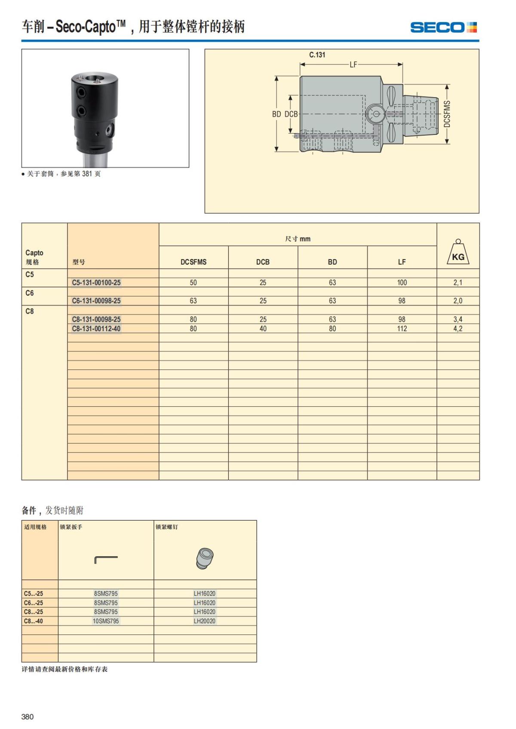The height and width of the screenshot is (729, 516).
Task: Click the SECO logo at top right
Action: coord(443,27)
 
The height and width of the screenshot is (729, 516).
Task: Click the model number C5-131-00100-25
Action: coord(96,283)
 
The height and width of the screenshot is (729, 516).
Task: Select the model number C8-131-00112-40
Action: coord(96,329)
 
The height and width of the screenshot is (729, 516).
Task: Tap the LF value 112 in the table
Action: coord(402,329)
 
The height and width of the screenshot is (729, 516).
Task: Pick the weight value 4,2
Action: coord(458,329)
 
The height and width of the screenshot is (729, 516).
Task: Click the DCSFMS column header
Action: coord(193,262)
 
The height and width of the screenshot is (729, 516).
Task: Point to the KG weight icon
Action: coord(458,253)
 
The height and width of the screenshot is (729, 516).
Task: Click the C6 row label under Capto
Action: coord(30,293)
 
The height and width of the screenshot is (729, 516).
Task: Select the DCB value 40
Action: coord(263,329)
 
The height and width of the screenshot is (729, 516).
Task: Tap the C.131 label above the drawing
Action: coord(317,55)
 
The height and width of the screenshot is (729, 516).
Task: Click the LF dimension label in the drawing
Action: coord(353,65)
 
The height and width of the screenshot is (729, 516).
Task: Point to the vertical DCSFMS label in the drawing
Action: coord(447,114)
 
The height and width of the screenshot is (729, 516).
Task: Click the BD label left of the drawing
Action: coord(276,114)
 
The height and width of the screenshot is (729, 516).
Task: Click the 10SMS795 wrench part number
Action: coord(106,621)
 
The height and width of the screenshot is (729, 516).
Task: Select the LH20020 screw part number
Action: coord(205,621)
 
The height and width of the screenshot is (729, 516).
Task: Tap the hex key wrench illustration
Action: coord(106,559)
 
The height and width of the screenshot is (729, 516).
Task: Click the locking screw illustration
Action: coord(205,558)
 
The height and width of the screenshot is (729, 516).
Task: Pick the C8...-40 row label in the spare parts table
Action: coord(34,621)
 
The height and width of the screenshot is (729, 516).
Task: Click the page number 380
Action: coord(28,717)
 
